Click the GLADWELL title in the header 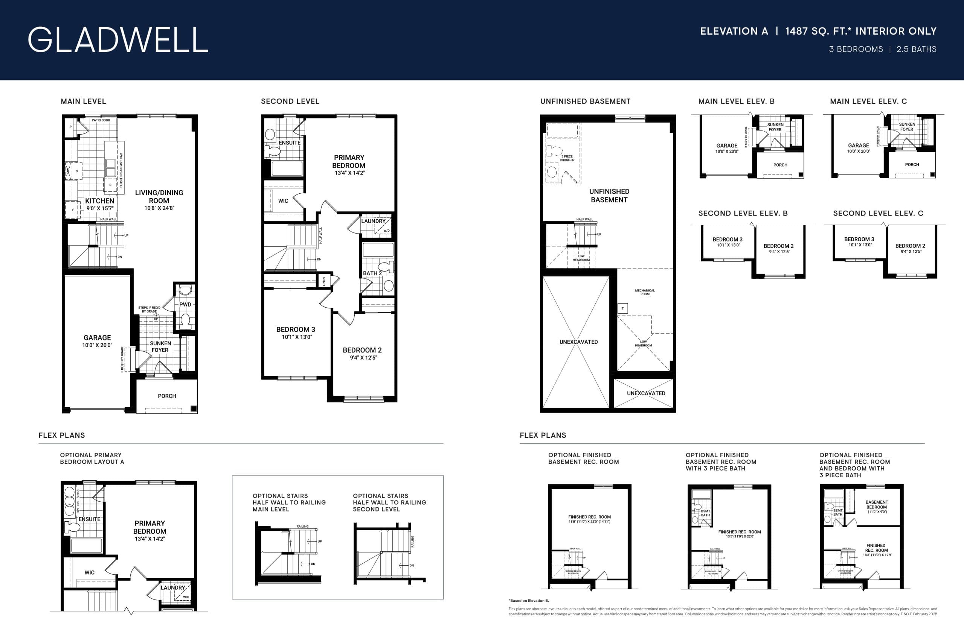pyautogui.click(x=117, y=40)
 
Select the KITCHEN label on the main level pyautogui.click(x=99, y=200)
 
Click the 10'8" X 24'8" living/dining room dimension pyautogui.click(x=159, y=208)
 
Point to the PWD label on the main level pyautogui.click(x=185, y=304)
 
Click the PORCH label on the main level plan pyautogui.click(x=167, y=396)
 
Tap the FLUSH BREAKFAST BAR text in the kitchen pyautogui.click(x=121, y=170)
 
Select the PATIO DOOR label pyautogui.click(x=101, y=120)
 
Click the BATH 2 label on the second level pyautogui.click(x=372, y=273)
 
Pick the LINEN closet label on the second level pyautogui.click(x=324, y=281)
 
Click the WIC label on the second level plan pyautogui.click(x=283, y=200)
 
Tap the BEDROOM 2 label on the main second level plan pyautogui.click(x=362, y=350)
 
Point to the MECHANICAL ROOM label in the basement pyautogui.click(x=645, y=292)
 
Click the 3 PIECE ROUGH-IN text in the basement pyautogui.click(x=567, y=158)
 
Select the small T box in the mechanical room pyautogui.click(x=622, y=308)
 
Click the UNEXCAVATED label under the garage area pyautogui.click(x=578, y=342)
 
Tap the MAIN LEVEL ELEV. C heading pyautogui.click(x=868, y=101)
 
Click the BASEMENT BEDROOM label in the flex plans pyautogui.click(x=877, y=504)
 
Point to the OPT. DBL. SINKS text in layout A pyautogui.click(x=78, y=501)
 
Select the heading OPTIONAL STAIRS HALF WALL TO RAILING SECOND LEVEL pyautogui.click(x=389, y=502)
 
